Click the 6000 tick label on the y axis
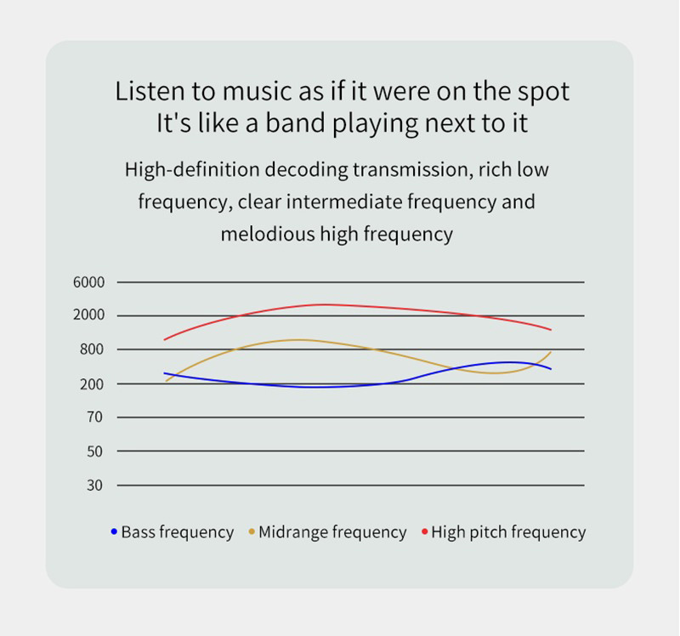click(89, 282)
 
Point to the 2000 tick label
click(89, 315)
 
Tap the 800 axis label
click(92, 349)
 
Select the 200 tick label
click(92, 384)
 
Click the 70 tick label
click(94, 417)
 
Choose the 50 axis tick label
click(94, 451)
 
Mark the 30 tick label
click(94, 486)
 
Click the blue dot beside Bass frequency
click(114, 531)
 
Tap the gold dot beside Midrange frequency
click(252, 531)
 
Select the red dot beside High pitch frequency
click(424, 531)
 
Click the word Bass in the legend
click(138, 532)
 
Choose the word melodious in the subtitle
click(268, 235)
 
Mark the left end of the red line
click(164, 340)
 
